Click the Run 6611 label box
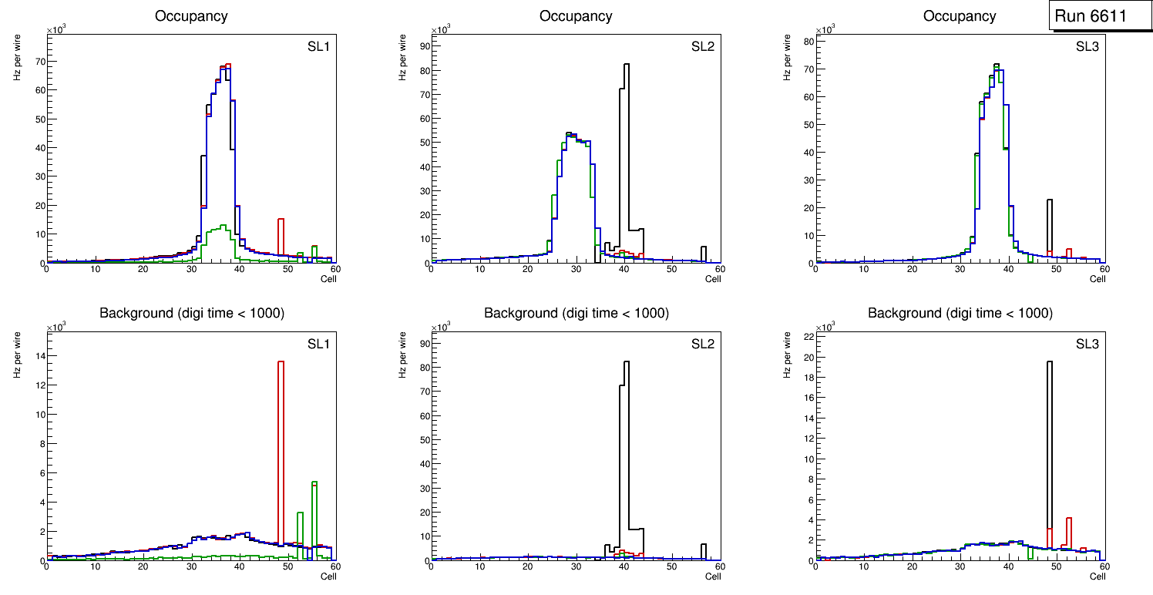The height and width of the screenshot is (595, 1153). [x=1094, y=16]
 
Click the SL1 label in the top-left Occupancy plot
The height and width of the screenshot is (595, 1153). [x=319, y=47]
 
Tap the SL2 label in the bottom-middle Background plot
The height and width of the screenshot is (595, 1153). [x=703, y=344]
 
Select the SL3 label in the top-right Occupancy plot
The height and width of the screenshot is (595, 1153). [x=1087, y=47]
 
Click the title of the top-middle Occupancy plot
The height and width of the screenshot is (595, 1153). [x=576, y=16]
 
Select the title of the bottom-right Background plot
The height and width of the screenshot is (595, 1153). [x=960, y=313]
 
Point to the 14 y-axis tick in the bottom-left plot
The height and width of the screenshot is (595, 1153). [x=39, y=355]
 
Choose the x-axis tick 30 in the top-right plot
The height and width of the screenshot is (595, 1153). [x=960, y=269]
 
